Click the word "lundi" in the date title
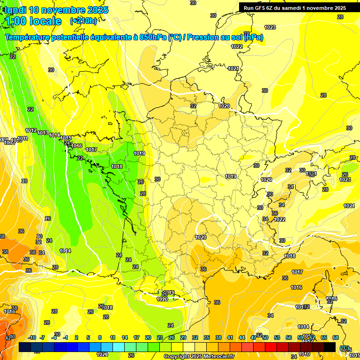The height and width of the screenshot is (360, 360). click(15, 10)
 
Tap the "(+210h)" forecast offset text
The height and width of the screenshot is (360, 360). click(83, 21)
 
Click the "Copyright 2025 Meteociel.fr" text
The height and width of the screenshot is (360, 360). click(199, 356)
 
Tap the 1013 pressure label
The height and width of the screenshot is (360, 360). click(43, 133)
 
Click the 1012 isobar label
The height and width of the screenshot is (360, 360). click(31, 130)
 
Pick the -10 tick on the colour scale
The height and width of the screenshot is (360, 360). click(32, 337)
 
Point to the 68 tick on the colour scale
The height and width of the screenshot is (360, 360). click(336, 337)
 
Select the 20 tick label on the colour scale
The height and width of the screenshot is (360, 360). click(148, 337)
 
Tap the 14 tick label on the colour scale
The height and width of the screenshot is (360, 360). click(124, 337)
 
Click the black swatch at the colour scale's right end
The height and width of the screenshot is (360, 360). click(330, 347)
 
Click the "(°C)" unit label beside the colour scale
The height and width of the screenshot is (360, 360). click(345, 348)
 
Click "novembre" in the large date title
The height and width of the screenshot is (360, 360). click(64, 10)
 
